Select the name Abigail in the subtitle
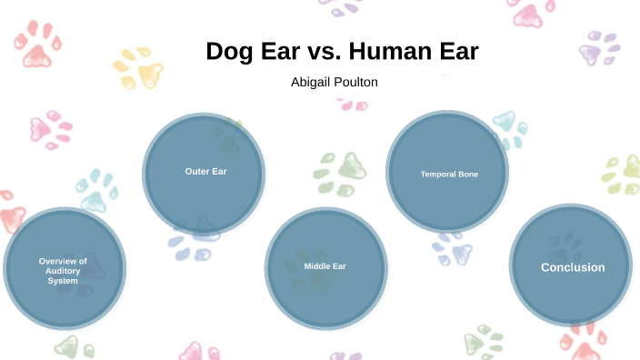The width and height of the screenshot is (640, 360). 312,82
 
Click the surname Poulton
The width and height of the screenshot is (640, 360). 357,82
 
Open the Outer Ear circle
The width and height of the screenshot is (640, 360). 204,172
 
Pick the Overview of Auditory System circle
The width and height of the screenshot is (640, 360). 64,270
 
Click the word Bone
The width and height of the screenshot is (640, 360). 468,174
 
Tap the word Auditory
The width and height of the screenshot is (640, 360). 63,271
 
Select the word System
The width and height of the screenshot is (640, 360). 63,281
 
